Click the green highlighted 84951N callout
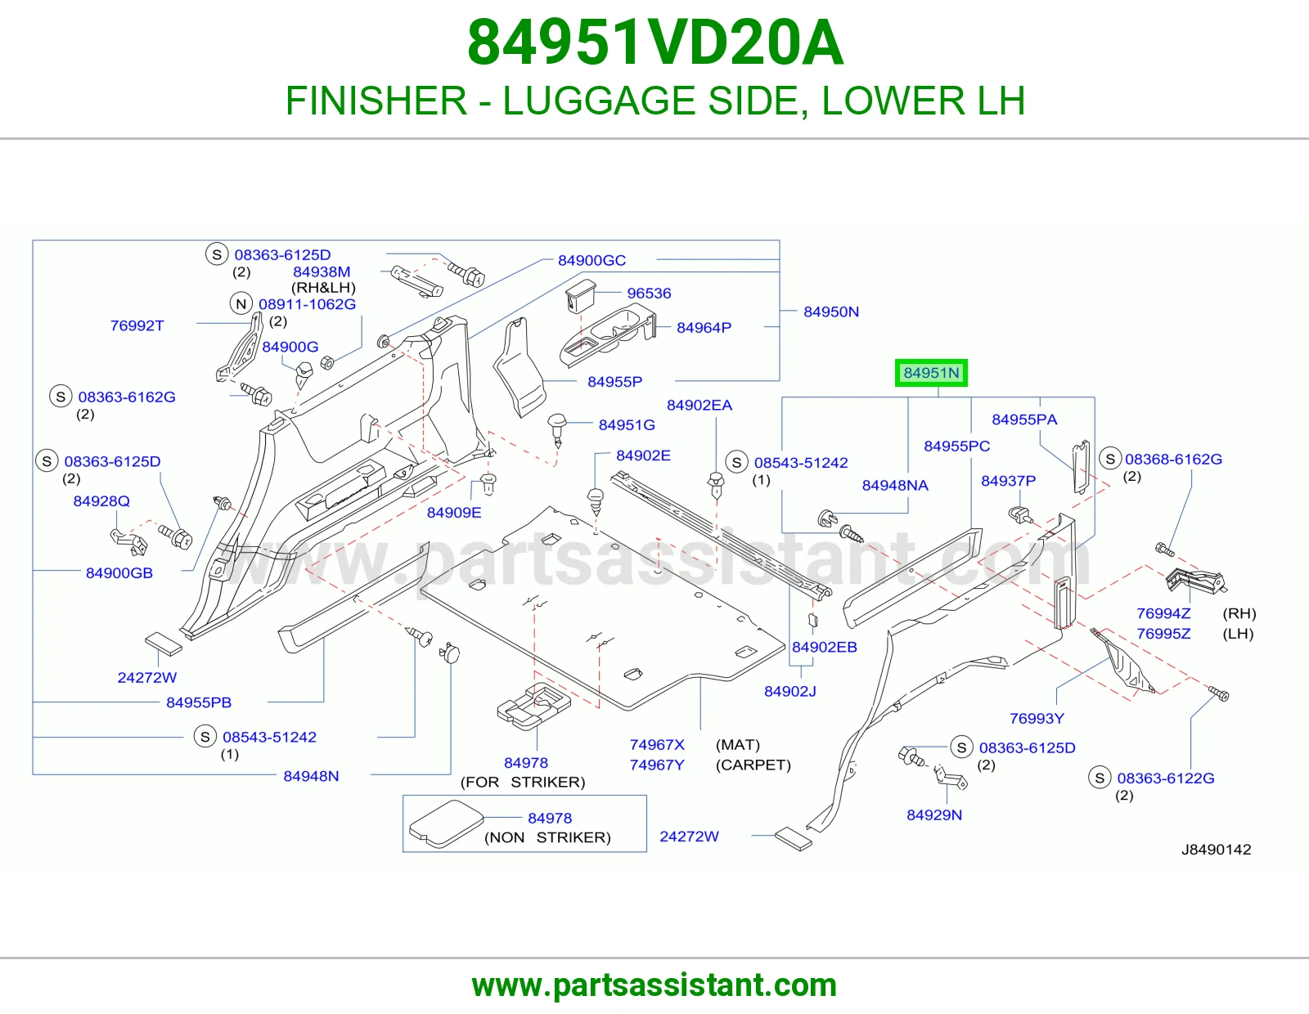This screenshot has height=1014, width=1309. (931, 373)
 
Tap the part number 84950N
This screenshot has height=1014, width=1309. (830, 312)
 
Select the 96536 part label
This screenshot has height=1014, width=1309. (649, 294)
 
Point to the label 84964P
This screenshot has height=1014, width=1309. (704, 328)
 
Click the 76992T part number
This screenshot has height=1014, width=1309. (137, 325)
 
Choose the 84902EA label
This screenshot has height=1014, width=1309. (699, 406)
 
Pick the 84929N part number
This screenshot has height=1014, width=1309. (933, 814)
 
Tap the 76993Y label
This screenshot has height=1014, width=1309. (1037, 718)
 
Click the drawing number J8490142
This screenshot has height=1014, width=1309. (1216, 850)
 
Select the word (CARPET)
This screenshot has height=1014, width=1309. (753, 765)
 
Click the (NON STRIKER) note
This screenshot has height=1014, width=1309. (547, 837)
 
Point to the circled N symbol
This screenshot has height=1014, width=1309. (241, 303)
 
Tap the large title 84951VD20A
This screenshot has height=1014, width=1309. (654, 43)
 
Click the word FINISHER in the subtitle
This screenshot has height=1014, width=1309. (376, 101)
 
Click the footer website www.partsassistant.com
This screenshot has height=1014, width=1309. (654, 985)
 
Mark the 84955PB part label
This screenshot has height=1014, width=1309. (198, 702)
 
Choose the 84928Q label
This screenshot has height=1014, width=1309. (101, 501)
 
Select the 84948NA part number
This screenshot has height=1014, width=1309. (894, 485)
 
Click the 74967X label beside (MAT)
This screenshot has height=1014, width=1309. (657, 745)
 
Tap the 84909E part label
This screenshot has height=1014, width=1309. (453, 513)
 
